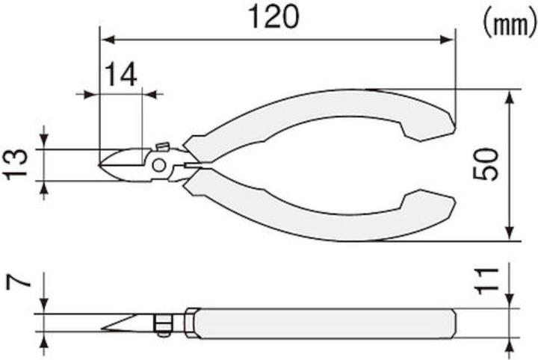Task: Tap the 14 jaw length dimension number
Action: (x=121, y=75)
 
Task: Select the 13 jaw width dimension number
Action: (x=16, y=164)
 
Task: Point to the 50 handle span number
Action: (x=486, y=164)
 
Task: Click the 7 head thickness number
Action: (x=16, y=283)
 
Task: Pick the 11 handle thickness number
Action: (x=486, y=283)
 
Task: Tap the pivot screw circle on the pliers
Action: (x=159, y=165)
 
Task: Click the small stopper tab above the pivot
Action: (x=161, y=147)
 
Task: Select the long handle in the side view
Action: (x=321, y=323)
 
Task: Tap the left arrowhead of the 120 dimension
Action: (x=105, y=37)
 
